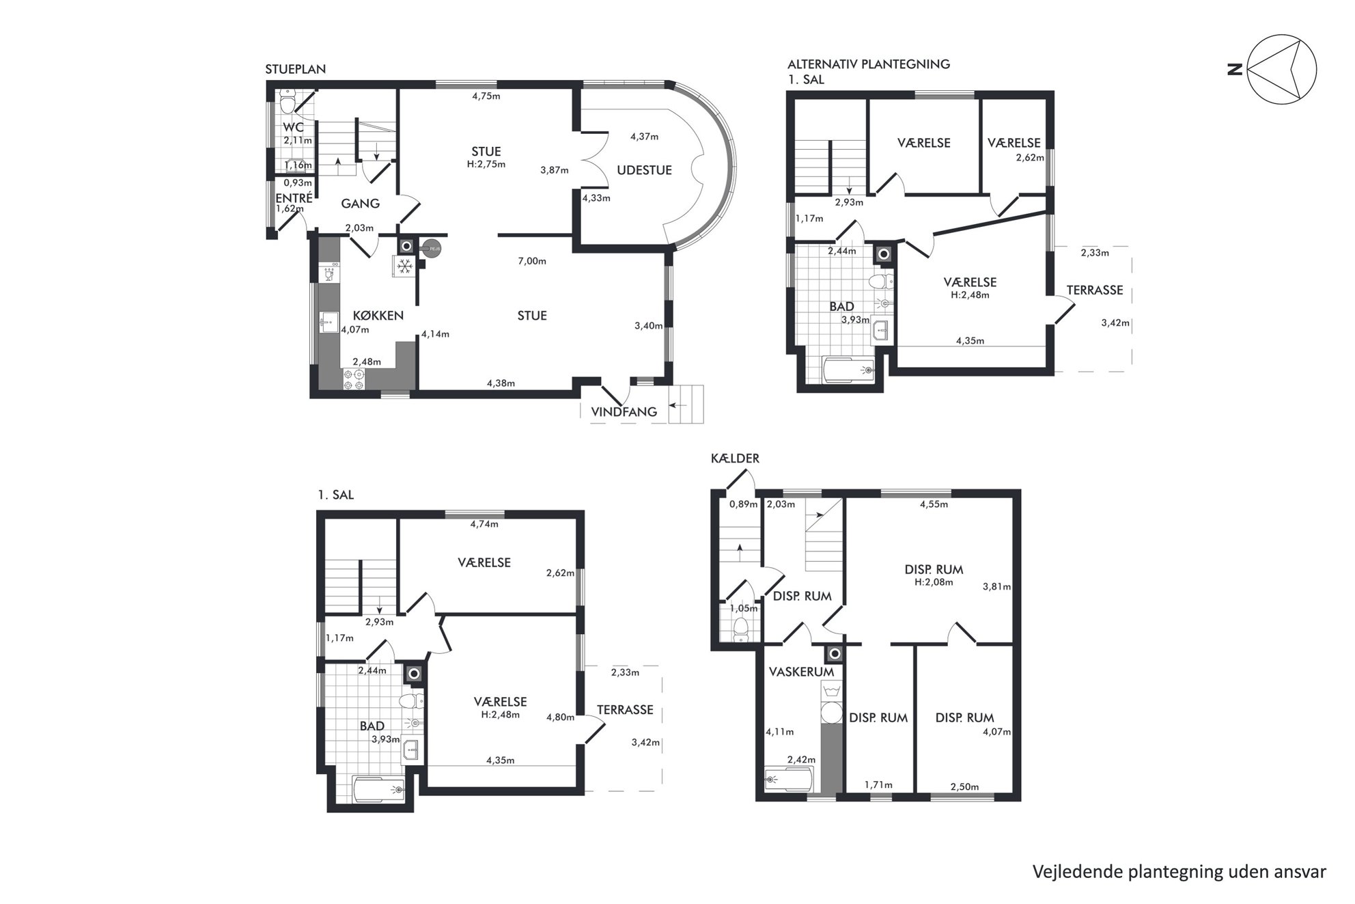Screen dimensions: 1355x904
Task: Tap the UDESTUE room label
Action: click(x=644, y=170)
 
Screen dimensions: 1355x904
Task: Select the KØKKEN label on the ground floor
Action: click(x=378, y=316)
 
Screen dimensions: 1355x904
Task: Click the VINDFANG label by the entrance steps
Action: click(x=624, y=411)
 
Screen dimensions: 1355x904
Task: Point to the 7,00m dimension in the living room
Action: click(x=532, y=261)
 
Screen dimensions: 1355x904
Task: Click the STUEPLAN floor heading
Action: click(x=295, y=69)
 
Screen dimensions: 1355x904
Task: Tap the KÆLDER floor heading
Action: click(x=735, y=458)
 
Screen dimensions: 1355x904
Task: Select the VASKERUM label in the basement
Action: click(x=801, y=672)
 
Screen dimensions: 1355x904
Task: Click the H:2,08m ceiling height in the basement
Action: click(x=934, y=582)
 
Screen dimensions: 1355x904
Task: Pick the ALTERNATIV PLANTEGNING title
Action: click(x=869, y=64)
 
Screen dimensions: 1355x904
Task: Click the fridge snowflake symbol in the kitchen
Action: click(x=404, y=266)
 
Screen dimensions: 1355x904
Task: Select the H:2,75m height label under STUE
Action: click(x=486, y=164)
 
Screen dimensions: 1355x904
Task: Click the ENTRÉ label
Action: click(x=294, y=198)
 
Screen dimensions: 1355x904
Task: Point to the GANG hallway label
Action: click(x=360, y=204)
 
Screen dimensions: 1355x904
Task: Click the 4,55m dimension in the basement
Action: click(x=934, y=504)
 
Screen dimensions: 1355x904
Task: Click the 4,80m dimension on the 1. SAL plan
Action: click(x=560, y=717)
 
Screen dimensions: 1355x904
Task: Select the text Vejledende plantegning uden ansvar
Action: click(x=1179, y=872)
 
